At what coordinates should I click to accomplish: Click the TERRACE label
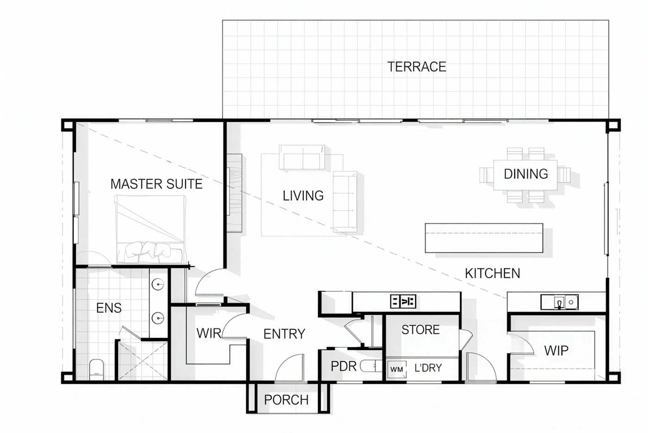pos(417,67)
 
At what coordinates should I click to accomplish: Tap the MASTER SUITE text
pos(156,184)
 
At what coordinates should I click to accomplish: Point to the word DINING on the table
pos(526,174)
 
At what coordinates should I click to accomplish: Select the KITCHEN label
pos(492,274)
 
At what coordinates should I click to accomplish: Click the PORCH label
pos(287,400)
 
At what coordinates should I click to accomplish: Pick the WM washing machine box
pos(397,369)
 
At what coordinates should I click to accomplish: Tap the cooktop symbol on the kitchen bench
pos(403,301)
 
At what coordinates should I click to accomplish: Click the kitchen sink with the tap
pos(560,302)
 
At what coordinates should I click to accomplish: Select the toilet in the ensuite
pos(97,369)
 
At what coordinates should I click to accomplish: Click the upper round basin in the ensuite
pos(158,284)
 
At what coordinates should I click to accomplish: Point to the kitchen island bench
pos(484,238)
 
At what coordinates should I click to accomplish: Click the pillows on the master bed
pos(148,250)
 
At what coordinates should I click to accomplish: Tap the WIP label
pos(556,350)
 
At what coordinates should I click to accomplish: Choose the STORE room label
pos(421,330)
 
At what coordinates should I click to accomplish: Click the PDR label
pos(343,366)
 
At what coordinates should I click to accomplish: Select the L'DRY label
pos(428,368)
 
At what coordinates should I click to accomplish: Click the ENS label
pos(109,308)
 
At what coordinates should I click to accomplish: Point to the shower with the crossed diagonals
pos(143,361)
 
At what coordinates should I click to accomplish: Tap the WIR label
pos(209,333)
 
